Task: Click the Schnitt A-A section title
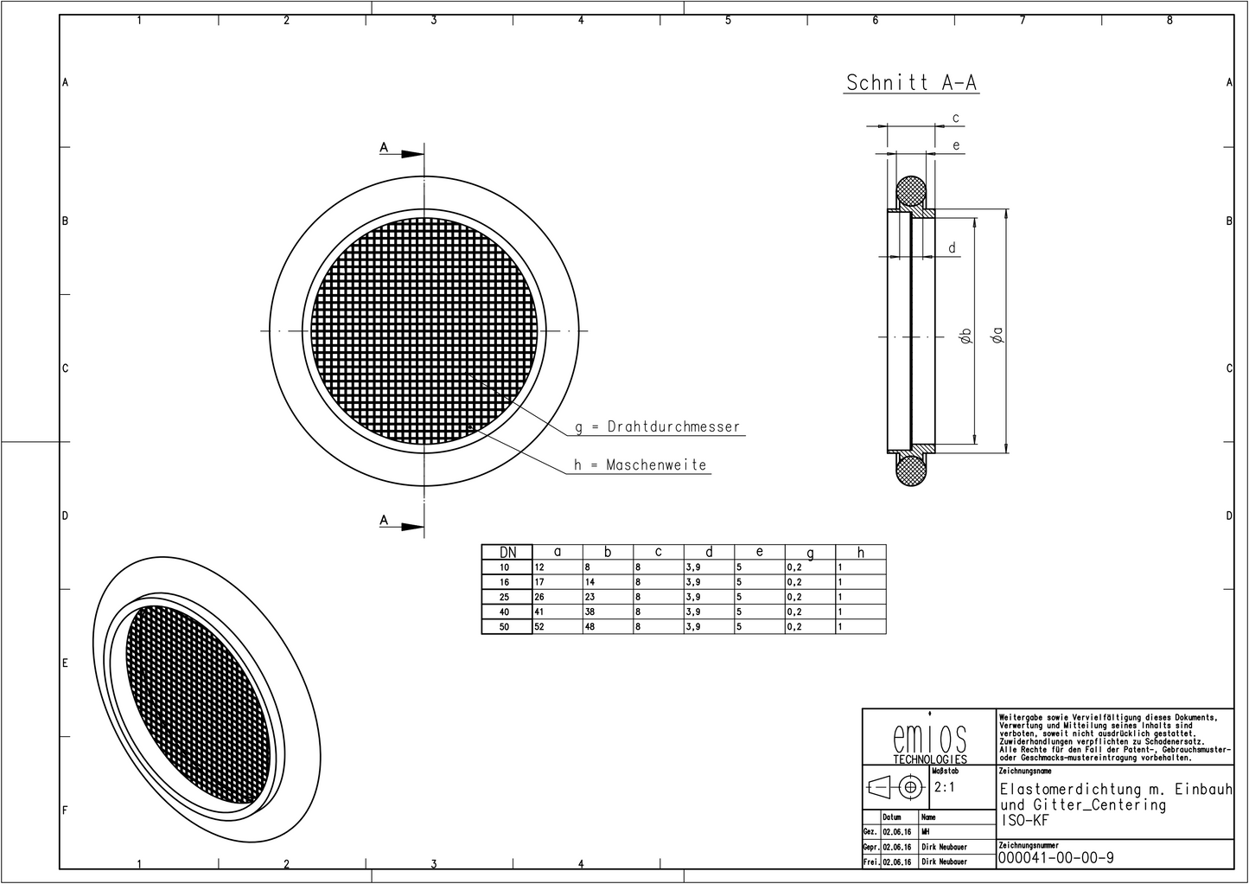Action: coord(911,82)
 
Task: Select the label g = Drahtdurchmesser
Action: coord(658,426)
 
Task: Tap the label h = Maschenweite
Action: coord(640,465)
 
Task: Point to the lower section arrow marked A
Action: coord(403,524)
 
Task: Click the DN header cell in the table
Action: coord(507,552)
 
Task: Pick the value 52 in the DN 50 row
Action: coord(539,626)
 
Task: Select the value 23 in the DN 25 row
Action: coord(589,597)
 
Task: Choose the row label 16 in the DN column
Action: coord(505,582)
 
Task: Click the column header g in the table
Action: coord(810,552)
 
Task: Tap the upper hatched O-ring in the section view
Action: coord(910,191)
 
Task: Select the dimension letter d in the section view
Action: coord(953,248)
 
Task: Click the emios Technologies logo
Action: coord(929,741)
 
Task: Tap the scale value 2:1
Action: coord(944,787)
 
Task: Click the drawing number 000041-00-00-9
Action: coord(1055,857)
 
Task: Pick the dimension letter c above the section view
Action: coord(955,118)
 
